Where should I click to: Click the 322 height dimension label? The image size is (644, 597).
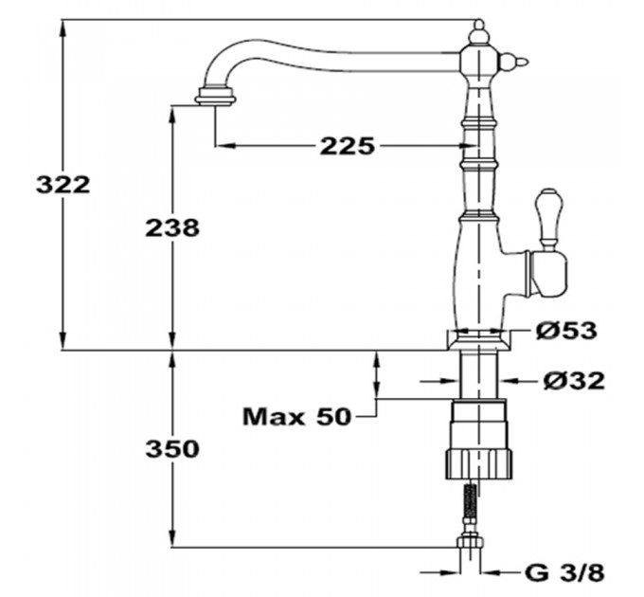(x=63, y=185)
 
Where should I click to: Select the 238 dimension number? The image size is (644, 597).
(x=172, y=227)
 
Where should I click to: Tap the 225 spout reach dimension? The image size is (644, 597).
(x=348, y=145)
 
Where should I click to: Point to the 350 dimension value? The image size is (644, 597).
(x=172, y=448)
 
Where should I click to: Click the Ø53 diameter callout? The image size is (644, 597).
(x=566, y=331)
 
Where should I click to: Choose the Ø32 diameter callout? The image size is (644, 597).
(x=574, y=381)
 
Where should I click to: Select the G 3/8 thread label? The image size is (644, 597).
(x=564, y=572)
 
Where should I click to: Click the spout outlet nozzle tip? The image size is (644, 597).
(x=215, y=96)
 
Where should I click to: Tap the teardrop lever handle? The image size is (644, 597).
(x=547, y=219)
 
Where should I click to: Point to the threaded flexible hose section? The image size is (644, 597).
(x=471, y=500)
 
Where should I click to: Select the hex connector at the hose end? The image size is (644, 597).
(x=471, y=540)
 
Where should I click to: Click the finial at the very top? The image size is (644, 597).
(x=479, y=32)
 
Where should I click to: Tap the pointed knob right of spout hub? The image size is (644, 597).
(x=513, y=63)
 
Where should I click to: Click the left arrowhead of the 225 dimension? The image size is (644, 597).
(x=224, y=145)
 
